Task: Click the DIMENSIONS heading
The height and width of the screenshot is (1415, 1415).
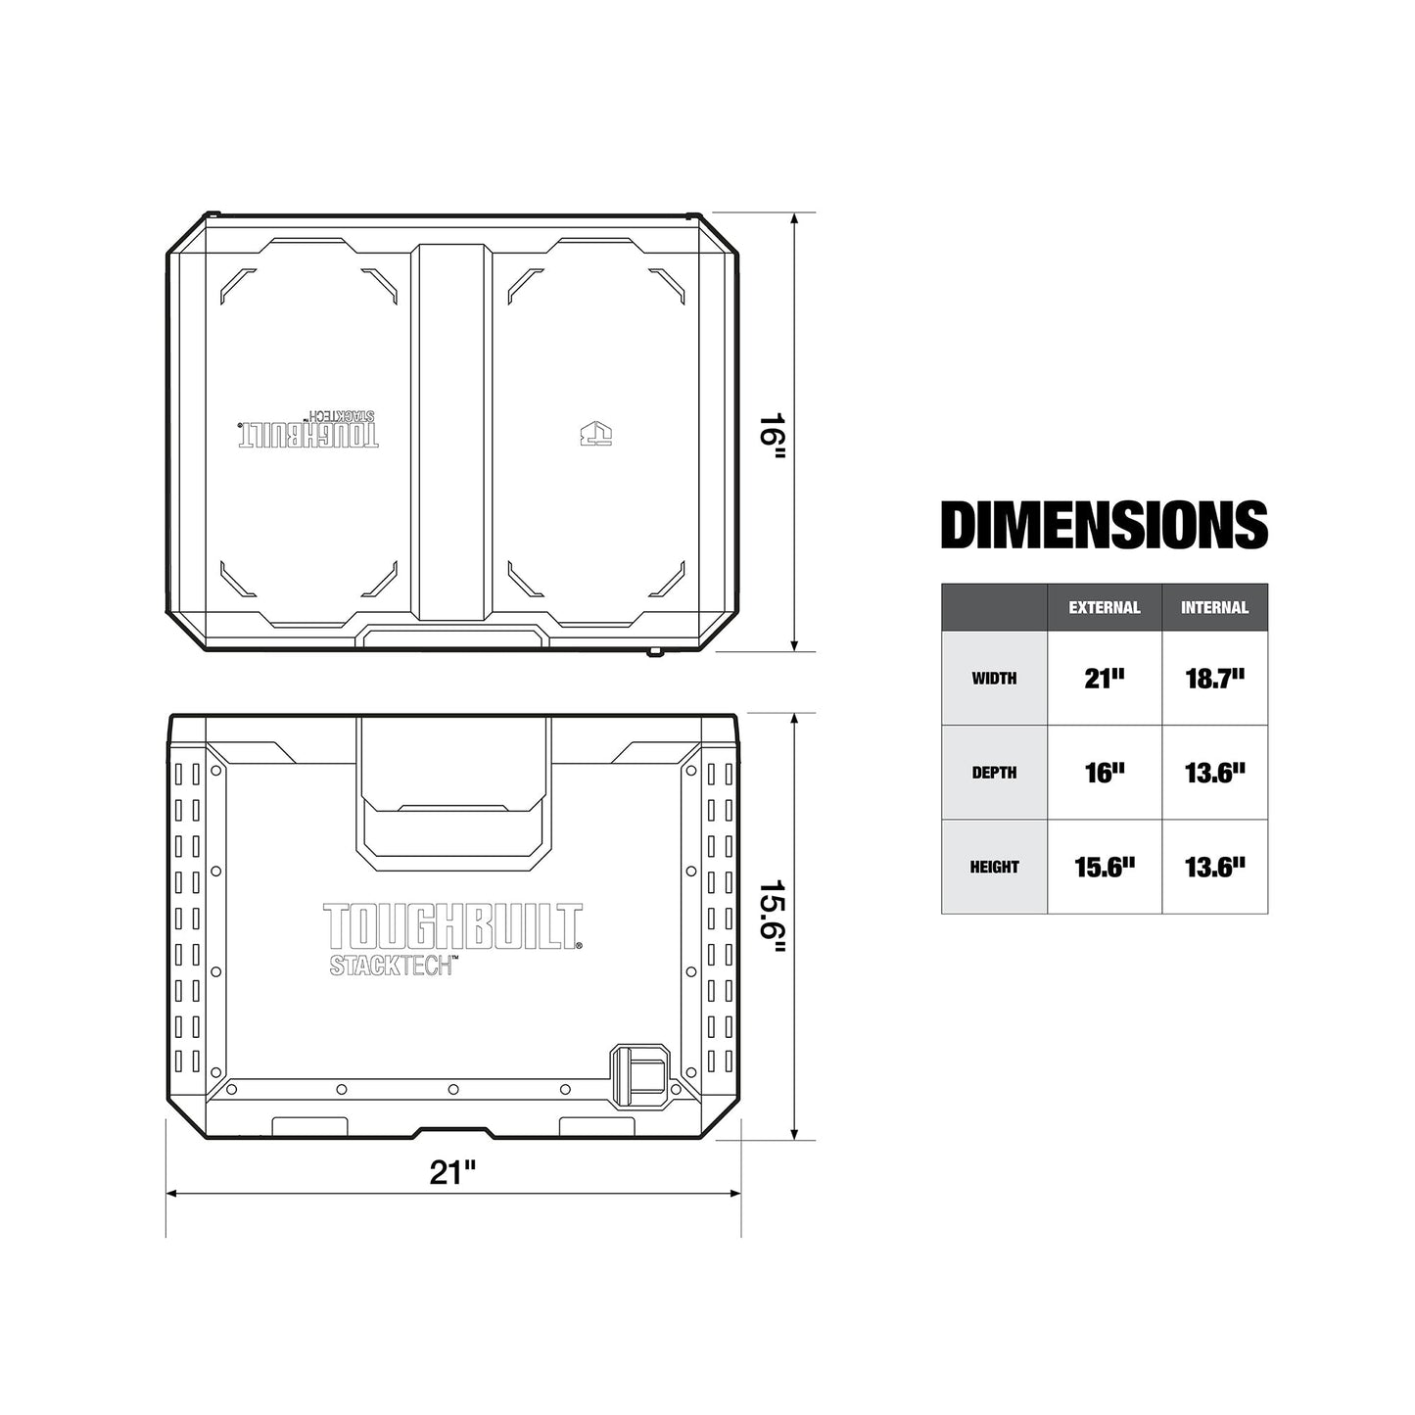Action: click(1104, 526)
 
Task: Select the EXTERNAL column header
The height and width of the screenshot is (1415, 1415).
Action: click(1104, 608)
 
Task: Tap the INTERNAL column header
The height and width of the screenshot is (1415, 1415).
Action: click(1214, 608)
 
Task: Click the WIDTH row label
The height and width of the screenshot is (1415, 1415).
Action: click(994, 679)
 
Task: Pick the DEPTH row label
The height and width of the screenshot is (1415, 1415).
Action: click(994, 773)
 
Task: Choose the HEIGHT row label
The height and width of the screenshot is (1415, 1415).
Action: click(994, 867)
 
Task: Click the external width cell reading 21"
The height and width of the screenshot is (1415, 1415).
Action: click(1104, 679)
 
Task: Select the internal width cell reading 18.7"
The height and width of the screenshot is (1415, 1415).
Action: click(1214, 679)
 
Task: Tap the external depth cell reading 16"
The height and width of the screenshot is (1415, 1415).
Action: click(1104, 773)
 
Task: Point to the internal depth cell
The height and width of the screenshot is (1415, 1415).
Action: click(1214, 773)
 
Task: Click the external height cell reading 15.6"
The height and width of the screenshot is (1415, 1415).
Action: click(1104, 867)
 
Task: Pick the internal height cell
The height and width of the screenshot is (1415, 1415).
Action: click(1214, 867)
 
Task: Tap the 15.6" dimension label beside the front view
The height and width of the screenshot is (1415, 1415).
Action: click(773, 926)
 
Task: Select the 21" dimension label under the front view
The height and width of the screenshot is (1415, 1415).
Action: click(452, 1172)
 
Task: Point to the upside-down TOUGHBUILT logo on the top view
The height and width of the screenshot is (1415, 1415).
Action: click(307, 430)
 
